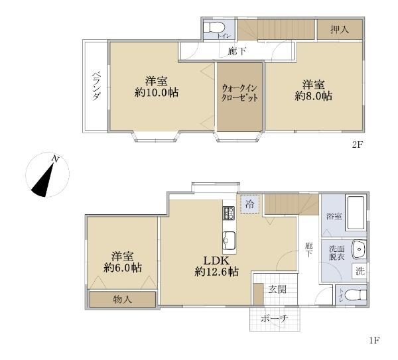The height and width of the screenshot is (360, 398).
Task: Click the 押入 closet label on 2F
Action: [x=340, y=30]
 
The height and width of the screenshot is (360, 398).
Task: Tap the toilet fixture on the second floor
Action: [x=214, y=27]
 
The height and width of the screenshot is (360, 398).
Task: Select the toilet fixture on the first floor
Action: [x=357, y=295]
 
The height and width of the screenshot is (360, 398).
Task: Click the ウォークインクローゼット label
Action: [x=239, y=93]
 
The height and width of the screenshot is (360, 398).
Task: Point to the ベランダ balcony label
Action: [x=96, y=86]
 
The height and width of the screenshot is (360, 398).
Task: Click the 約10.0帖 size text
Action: [x=157, y=93]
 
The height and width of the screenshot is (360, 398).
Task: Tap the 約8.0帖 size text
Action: [x=314, y=96]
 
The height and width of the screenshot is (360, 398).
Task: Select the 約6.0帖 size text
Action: [x=123, y=268]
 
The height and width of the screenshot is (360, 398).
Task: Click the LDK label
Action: [x=216, y=261]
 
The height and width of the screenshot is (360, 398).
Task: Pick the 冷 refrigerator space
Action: [x=250, y=204]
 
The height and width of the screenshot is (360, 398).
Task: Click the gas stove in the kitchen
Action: [x=229, y=213]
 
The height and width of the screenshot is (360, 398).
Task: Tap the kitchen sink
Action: [x=229, y=241]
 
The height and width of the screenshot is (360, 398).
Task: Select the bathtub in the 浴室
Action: [x=356, y=213]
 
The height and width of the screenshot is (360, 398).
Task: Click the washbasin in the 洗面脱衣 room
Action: [x=359, y=249]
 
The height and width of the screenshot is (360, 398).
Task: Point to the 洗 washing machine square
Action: [x=360, y=271]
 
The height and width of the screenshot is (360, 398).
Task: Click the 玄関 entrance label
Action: [x=278, y=289]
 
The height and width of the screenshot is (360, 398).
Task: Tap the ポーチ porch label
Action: [x=275, y=319]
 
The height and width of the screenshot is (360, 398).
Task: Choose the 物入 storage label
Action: [x=123, y=300]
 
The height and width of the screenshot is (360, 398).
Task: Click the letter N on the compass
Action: [x=55, y=159]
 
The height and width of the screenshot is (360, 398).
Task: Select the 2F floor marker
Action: [x=358, y=145]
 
